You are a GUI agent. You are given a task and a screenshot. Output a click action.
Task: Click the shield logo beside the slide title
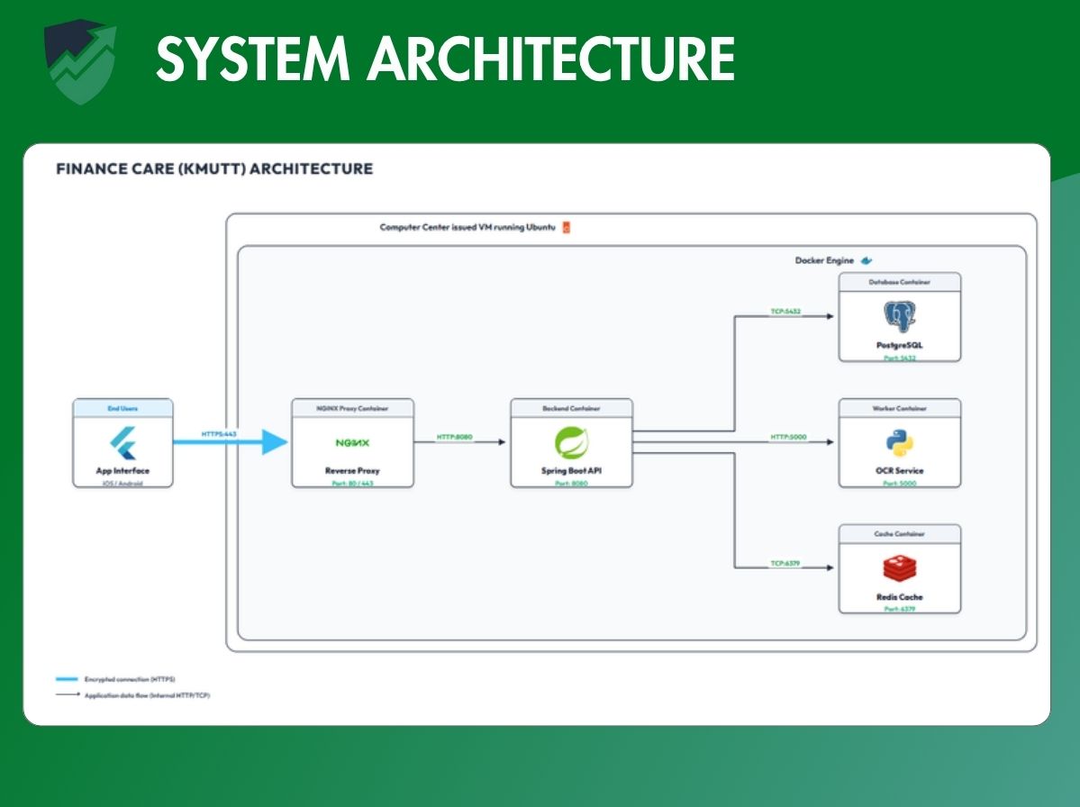click(80, 63)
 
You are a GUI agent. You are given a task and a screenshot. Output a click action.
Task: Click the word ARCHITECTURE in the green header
click(550, 59)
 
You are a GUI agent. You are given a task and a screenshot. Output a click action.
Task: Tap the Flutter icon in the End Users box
click(123, 442)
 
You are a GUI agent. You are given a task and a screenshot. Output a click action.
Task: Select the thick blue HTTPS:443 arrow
click(230, 442)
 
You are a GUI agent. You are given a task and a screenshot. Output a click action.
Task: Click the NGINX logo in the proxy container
click(352, 443)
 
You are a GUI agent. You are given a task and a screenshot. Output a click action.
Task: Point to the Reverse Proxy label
click(352, 470)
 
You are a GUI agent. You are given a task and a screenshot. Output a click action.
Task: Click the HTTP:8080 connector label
click(454, 438)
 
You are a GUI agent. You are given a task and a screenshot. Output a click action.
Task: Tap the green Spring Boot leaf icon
click(571, 443)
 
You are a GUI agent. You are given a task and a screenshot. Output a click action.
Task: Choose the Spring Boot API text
click(571, 470)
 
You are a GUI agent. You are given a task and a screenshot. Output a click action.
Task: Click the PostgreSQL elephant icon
click(899, 317)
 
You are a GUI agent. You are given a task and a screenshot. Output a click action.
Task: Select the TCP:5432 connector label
click(785, 312)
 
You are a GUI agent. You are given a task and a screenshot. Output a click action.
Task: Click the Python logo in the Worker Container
click(899, 443)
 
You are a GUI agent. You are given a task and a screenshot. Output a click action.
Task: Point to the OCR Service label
click(899, 470)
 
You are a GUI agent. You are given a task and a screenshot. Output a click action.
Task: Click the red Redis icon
click(899, 569)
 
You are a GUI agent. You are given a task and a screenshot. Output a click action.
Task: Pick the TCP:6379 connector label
click(785, 564)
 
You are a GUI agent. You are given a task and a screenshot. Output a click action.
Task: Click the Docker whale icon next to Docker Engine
click(867, 260)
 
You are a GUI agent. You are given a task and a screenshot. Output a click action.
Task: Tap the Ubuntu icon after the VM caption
click(566, 228)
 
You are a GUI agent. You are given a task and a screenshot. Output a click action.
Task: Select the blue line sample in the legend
click(67, 679)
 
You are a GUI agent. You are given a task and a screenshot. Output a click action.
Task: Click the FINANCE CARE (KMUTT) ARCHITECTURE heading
click(214, 168)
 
